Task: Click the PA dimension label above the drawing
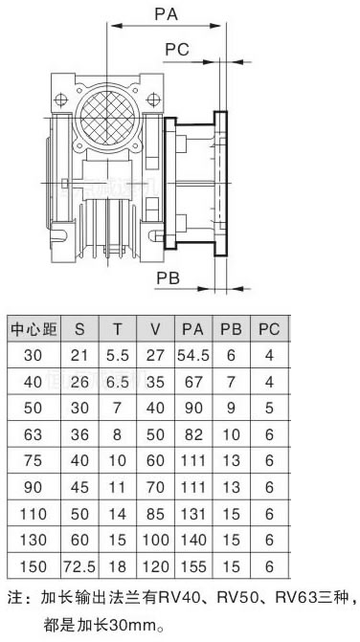pyautogui.click(x=167, y=14)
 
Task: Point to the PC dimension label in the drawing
pyautogui.click(x=177, y=50)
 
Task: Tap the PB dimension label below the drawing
pyautogui.click(x=168, y=278)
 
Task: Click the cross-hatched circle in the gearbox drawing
pyautogui.click(x=108, y=118)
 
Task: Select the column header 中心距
pyautogui.click(x=34, y=329)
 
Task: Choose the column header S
pyautogui.click(x=79, y=329)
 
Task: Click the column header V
pyautogui.click(x=155, y=329)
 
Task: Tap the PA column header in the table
pyautogui.click(x=192, y=329)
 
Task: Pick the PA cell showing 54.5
pyautogui.click(x=192, y=355)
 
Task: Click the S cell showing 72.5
pyautogui.click(x=79, y=566)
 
